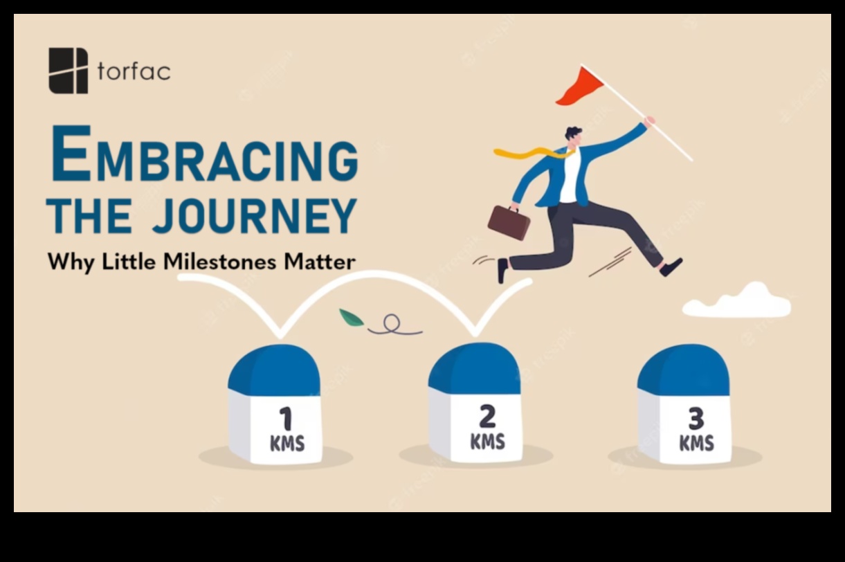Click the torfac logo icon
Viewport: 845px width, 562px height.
[x=69, y=71]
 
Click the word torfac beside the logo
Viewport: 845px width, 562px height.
[x=134, y=71]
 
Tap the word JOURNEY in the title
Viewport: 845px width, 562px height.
[x=254, y=216]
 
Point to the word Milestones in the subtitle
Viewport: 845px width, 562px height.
[x=219, y=262]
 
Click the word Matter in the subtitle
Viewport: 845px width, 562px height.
[x=320, y=262]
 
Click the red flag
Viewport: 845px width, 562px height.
[x=579, y=87]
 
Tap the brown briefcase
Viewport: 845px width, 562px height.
[x=509, y=223]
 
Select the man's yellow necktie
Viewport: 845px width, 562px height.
[x=533, y=153]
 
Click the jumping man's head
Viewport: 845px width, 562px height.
[x=574, y=136]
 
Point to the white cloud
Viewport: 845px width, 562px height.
[x=736, y=300]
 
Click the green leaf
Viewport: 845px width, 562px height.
[x=351, y=318]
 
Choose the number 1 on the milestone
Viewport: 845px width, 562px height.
[x=287, y=418]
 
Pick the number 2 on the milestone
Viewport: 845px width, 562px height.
[x=487, y=416]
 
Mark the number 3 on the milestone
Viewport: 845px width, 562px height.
[x=696, y=418]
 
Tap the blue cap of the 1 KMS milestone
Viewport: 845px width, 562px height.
[x=274, y=370]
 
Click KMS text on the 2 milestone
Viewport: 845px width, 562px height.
[x=487, y=442]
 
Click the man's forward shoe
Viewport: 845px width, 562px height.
[x=671, y=266]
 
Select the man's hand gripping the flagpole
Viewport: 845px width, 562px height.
[x=650, y=122]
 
